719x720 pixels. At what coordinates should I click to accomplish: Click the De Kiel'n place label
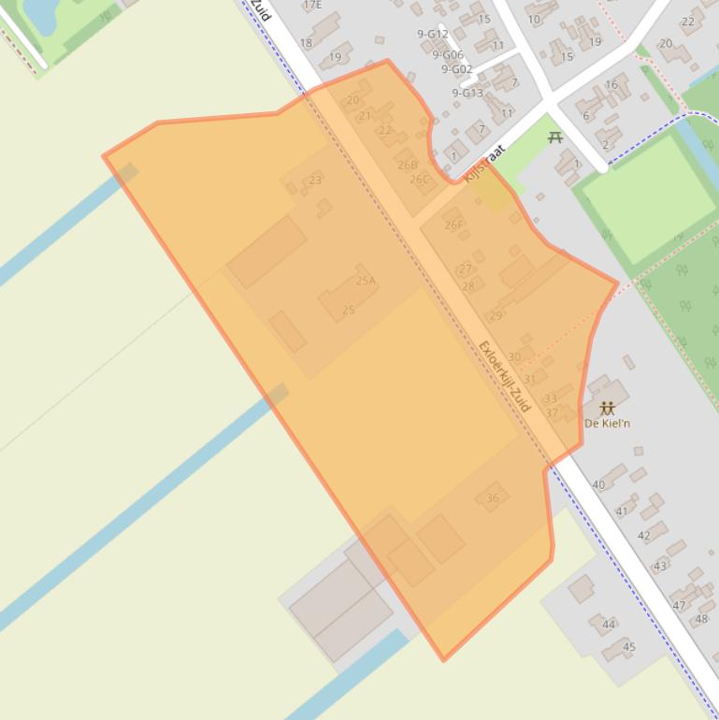607,424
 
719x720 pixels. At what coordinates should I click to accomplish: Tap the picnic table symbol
555,137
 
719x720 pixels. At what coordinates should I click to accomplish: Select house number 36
493,498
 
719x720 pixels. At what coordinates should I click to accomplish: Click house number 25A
365,281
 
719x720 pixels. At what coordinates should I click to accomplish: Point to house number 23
315,180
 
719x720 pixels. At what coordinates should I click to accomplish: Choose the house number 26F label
453,225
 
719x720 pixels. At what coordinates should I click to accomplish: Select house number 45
629,647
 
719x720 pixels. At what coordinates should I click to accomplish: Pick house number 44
609,625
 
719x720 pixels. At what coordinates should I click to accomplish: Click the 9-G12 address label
432,35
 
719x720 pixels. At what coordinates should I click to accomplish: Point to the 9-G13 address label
467,94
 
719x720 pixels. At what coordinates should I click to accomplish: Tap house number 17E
312,5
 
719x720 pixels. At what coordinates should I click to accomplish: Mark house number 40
598,485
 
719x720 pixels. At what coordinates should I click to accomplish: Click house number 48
702,619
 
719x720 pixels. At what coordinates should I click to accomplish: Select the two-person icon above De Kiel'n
607,408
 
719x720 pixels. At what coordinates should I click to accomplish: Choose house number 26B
407,166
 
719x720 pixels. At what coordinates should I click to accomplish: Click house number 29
496,316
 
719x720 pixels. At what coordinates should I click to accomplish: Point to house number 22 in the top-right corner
689,22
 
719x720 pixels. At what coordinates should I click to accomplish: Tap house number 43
661,567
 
